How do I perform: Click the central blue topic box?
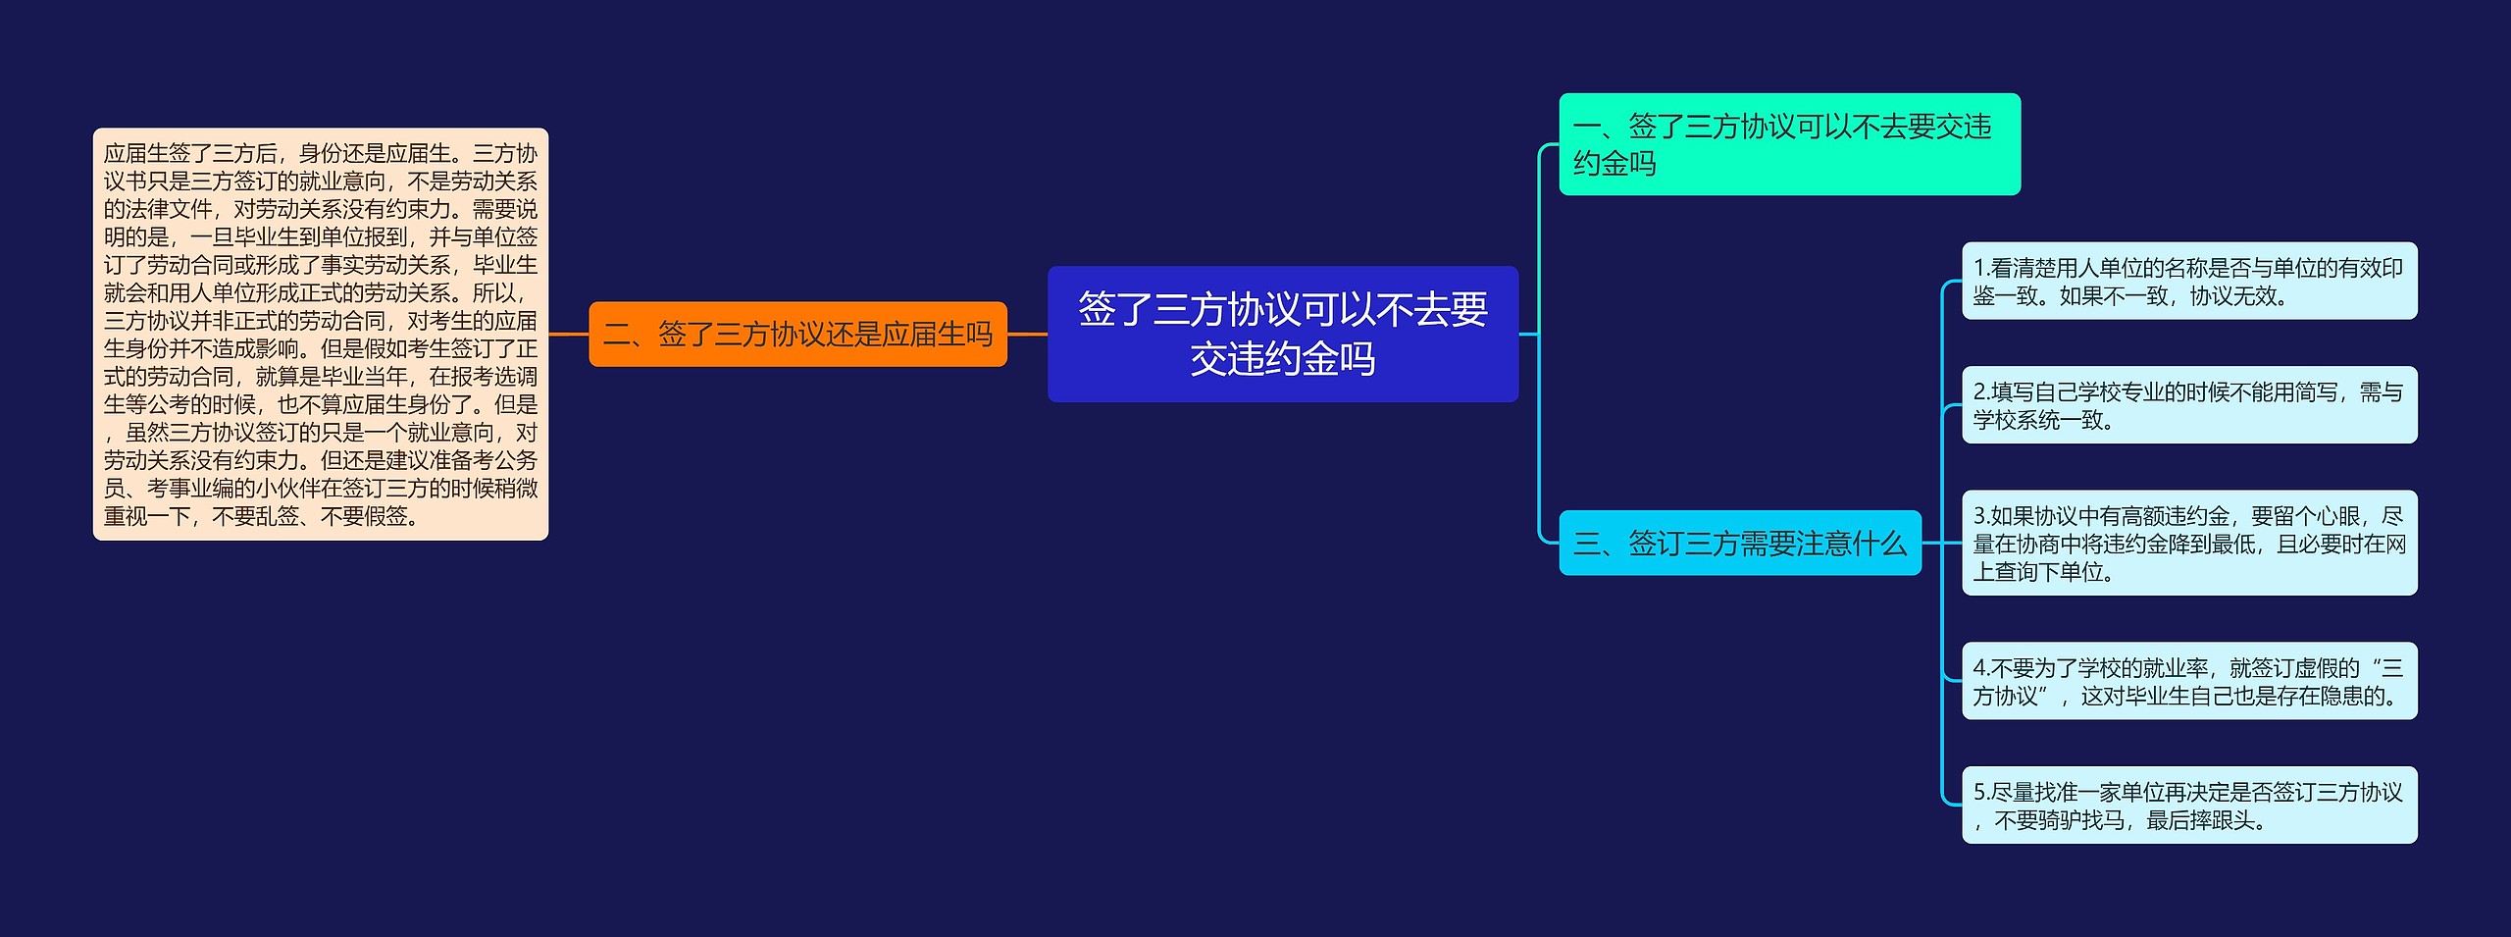click(1282, 334)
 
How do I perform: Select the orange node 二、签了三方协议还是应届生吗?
click(797, 334)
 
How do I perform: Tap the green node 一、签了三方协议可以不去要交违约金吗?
click(1788, 144)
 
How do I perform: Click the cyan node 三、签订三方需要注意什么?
click(1739, 543)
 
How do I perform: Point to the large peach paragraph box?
click(320, 334)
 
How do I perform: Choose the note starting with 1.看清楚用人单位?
click(2188, 282)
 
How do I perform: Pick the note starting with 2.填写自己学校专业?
click(2188, 405)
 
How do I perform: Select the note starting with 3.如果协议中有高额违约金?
click(2188, 543)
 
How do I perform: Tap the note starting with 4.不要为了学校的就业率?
click(2188, 681)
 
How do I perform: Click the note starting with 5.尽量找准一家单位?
click(2188, 806)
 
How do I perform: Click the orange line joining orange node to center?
click(1027, 334)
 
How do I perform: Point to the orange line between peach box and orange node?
click(569, 334)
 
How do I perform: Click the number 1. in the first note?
click(1980, 268)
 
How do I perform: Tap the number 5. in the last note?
click(1981, 792)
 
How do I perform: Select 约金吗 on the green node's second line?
click(1614, 163)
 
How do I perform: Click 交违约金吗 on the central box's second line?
click(1282, 359)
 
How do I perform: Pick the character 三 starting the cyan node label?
click(1586, 543)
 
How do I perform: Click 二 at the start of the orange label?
click(616, 334)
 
